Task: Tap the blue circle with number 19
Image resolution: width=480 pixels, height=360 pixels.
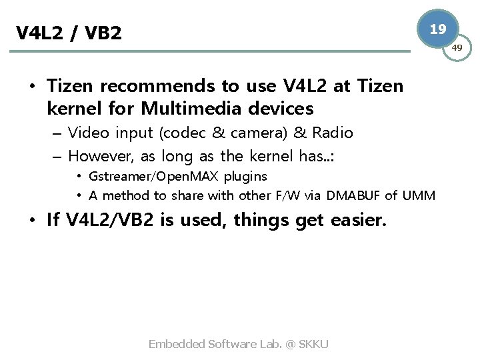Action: (438, 29)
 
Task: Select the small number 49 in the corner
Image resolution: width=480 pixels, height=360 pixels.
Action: (459, 47)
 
